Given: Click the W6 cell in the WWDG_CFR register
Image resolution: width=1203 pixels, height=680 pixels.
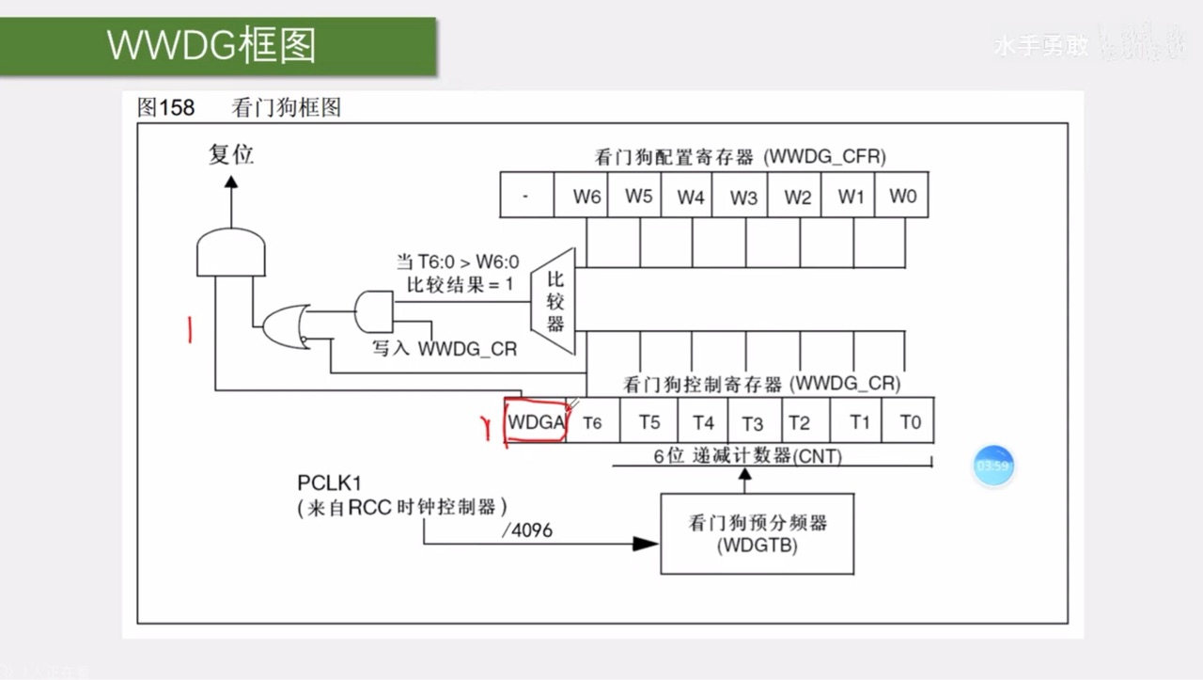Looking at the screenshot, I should [586, 197].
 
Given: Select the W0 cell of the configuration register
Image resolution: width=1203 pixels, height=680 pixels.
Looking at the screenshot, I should [902, 197].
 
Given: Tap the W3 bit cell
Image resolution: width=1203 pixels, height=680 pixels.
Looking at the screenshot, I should [743, 197].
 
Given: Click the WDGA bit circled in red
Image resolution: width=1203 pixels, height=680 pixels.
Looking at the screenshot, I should [536, 422].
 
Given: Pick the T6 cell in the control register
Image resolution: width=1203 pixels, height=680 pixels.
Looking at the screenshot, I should [592, 422].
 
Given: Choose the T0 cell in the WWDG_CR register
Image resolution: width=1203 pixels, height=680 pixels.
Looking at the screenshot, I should [910, 422].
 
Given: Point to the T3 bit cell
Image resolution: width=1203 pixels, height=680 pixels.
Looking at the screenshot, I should [752, 422].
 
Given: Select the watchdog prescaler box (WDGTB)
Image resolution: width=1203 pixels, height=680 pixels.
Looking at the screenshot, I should [757, 533].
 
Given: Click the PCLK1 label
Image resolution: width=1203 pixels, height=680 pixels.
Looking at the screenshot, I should [329, 483].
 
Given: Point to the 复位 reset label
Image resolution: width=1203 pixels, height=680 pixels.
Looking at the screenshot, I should [231, 153].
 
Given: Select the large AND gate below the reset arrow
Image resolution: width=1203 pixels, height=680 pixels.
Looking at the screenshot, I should [230, 252].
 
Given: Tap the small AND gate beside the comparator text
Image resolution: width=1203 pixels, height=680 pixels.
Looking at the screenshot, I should [374, 310].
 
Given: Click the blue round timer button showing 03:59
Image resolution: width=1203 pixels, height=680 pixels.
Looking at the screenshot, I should [992, 466].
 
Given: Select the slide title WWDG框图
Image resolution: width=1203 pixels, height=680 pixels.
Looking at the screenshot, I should [211, 44].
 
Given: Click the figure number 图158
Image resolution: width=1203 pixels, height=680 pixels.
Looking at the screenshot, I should [166, 107].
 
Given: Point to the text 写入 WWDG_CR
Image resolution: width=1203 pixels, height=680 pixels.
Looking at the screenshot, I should [445, 348].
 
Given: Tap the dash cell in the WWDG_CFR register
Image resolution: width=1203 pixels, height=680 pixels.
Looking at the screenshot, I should [525, 197].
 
